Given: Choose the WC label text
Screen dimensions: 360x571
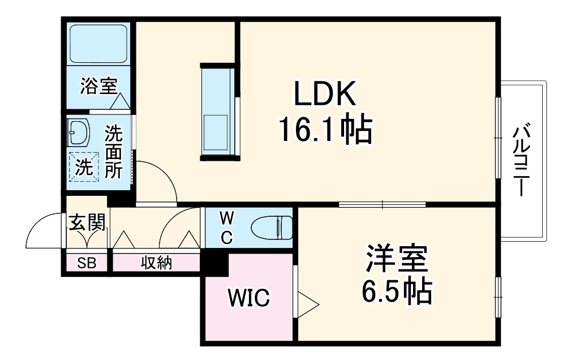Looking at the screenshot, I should pos(226,227).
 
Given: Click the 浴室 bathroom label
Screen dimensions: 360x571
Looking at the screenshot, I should pos(98,87).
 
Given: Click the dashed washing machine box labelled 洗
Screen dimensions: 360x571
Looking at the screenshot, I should pos(84,167).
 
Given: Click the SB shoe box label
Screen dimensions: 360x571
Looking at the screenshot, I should pos(87,263).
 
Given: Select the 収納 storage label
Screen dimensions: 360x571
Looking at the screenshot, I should pos(156,263).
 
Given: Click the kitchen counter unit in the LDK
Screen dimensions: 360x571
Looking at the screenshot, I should pos(216,110).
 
